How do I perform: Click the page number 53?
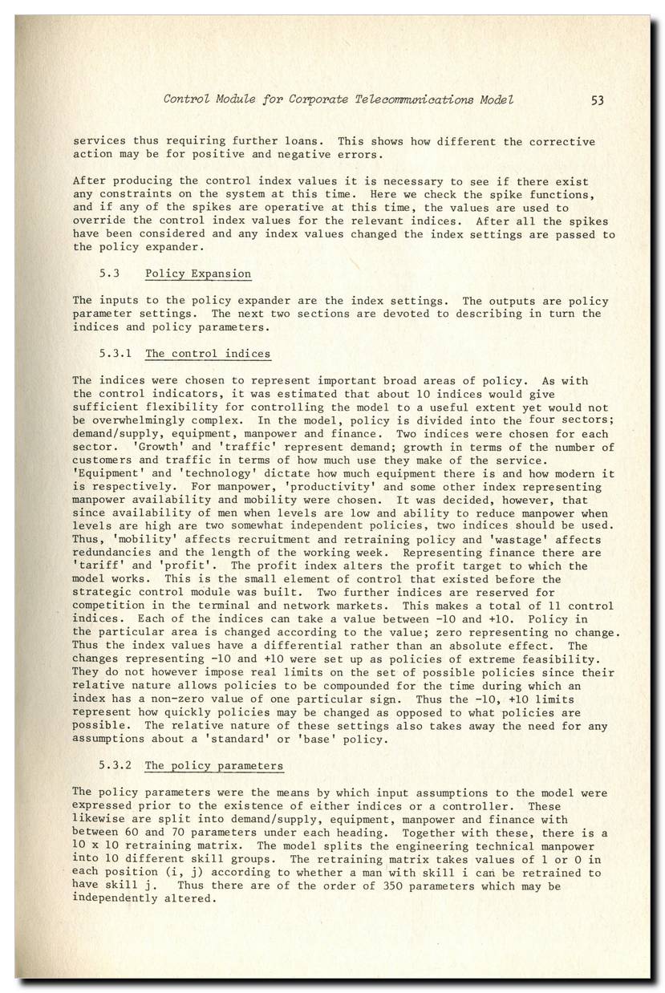(x=597, y=100)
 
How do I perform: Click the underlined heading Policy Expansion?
(x=198, y=274)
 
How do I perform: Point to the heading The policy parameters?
(x=214, y=766)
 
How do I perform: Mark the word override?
(x=99, y=221)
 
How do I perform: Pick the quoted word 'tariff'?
(x=99, y=566)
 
